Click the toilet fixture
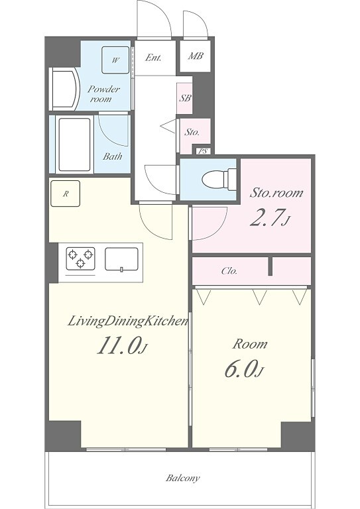[x=219, y=179]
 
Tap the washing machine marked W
[x=115, y=60]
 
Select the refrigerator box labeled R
[x=65, y=194]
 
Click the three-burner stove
[x=80, y=258]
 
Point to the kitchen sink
[x=122, y=259]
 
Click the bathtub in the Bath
[x=74, y=144]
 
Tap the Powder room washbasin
[x=65, y=89]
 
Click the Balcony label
[x=183, y=478]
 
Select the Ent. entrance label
[x=153, y=58]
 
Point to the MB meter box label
[x=196, y=56]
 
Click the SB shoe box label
[x=186, y=97]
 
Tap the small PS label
[x=203, y=151]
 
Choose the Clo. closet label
[x=229, y=270]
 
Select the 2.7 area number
[x=270, y=218]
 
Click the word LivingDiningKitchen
[x=128, y=321]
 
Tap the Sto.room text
[x=276, y=192]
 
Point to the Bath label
[x=113, y=156]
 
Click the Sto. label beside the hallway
[x=192, y=132]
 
